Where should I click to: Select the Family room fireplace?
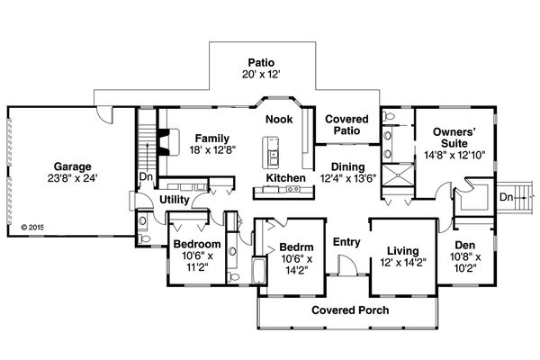(162, 141)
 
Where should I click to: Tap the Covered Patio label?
(342, 124)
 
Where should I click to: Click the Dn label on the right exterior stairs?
(507, 196)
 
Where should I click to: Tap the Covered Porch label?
(346, 310)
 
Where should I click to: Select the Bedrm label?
(295, 247)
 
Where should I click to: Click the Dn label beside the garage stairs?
(144, 176)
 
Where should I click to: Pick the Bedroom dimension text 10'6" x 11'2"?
(197, 261)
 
